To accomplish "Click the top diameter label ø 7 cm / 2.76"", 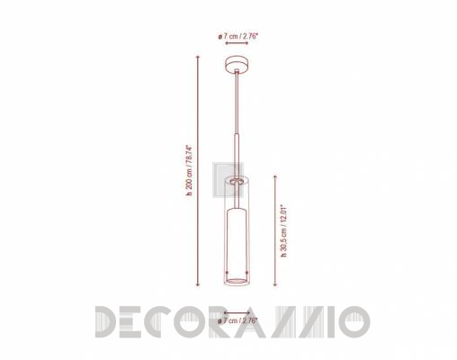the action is coord(238,36).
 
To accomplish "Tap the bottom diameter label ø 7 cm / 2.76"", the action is coord(238,320).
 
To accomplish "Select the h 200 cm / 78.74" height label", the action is coord(189,170).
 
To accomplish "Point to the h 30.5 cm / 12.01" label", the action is coord(283,231).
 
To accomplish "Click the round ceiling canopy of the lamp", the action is coord(237,65).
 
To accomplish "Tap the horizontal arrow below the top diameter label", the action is coord(237,43).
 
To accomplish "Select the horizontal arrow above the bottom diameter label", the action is coord(237,313).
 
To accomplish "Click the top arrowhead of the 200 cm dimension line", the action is coord(198,57).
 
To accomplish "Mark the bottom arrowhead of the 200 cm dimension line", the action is coord(198,284).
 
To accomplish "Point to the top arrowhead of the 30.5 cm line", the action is coord(275,176).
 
